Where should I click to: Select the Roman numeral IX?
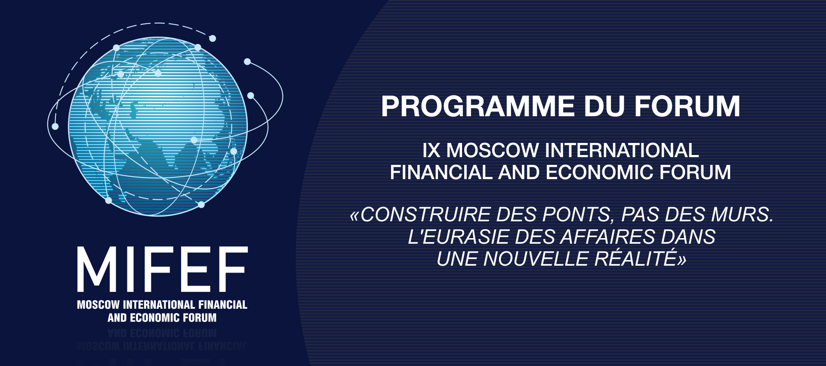click(431, 151)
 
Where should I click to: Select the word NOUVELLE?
click(536, 259)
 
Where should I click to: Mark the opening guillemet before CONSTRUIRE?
click(354, 216)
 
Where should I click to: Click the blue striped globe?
click(158, 126)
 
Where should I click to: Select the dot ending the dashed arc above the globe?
click(213, 38)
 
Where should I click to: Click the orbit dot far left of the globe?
click(55, 126)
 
